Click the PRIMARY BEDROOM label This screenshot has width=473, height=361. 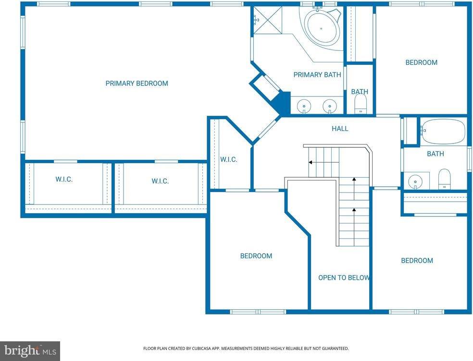pyautogui.click(x=137, y=84)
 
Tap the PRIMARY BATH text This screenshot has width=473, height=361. pyautogui.click(x=317, y=74)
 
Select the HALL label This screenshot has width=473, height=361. pyautogui.click(x=340, y=129)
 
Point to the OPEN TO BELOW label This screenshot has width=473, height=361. pyautogui.click(x=344, y=277)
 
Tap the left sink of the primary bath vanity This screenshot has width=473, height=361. pyautogui.click(x=304, y=106)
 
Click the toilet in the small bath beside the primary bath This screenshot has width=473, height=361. pyautogui.click(x=360, y=103)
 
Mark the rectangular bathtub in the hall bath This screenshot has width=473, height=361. pyautogui.click(x=443, y=131)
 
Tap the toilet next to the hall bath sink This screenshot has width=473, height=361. pyautogui.click(x=444, y=179)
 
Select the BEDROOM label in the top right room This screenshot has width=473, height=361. pyautogui.click(x=421, y=62)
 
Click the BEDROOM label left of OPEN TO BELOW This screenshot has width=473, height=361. pyautogui.click(x=256, y=256)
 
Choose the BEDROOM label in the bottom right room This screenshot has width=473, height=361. pyautogui.click(x=417, y=260)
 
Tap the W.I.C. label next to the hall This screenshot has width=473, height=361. pyautogui.click(x=228, y=159)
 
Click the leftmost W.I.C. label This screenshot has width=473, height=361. pyautogui.click(x=63, y=179)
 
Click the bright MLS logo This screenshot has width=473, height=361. pyautogui.click(x=29, y=351)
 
